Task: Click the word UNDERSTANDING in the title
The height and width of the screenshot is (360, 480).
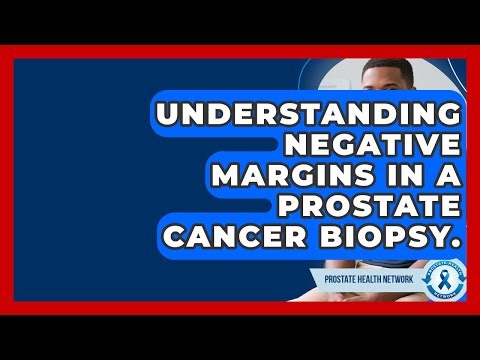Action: tap(310, 113)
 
